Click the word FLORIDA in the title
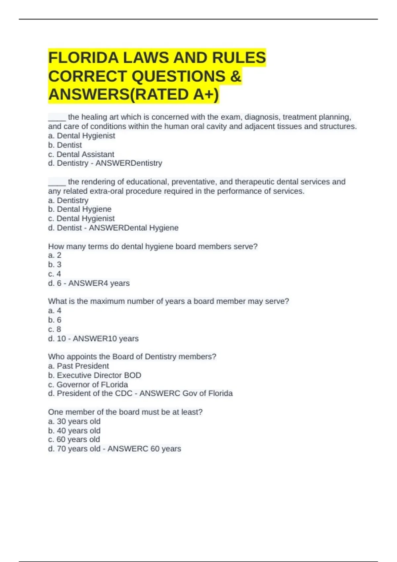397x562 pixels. [83, 58]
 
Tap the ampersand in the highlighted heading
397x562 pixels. [235, 76]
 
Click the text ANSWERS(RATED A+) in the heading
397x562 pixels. [134, 95]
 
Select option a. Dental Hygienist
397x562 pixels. [81, 136]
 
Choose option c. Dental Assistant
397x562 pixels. [81, 154]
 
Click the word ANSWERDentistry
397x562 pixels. [129, 163]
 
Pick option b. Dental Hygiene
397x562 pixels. [80, 209]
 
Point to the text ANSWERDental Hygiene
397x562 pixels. [134, 228]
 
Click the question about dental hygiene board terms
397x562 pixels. [153, 246]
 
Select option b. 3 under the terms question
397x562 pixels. [55, 264]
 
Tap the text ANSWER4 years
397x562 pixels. [99, 283]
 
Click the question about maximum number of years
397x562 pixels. [168, 301]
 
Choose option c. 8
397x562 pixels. [55, 329]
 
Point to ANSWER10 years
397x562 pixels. [106, 339]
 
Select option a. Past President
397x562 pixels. [78, 366]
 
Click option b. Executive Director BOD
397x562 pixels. [95, 375]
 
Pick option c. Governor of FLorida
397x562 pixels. [88, 384]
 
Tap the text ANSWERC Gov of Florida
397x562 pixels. [186, 393]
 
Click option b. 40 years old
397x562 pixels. [74, 431]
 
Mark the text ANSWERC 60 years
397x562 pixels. [144, 449]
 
